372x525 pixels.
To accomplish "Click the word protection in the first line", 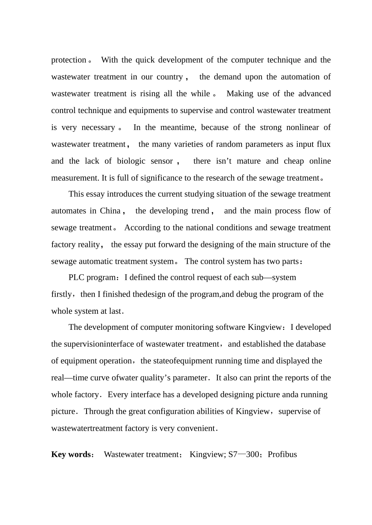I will coord(69,60).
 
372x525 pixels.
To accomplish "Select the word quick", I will coord(145,60).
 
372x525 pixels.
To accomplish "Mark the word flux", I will coord(324,144).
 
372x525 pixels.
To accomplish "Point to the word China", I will coord(110,211).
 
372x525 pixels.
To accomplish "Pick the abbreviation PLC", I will coord(76,277).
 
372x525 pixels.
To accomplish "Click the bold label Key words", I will coord(71,454).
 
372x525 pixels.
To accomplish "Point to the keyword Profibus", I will coord(282,454).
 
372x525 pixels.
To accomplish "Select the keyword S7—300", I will coord(244,454).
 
